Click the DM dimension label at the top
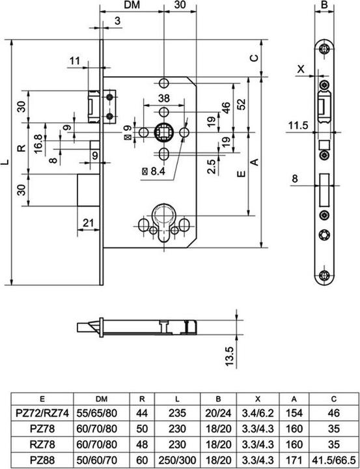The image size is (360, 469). point(133,6)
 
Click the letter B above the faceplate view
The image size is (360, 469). point(325,6)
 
